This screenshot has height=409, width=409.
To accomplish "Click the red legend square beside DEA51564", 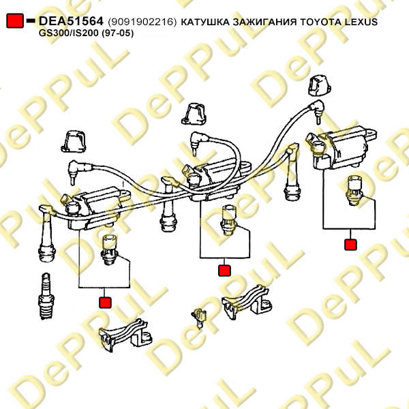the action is click(x=15, y=21).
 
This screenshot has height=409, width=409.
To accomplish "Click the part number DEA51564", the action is click(x=71, y=21).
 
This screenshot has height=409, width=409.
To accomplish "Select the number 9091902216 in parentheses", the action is click(x=142, y=22).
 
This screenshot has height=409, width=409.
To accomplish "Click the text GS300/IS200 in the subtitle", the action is click(x=69, y=33).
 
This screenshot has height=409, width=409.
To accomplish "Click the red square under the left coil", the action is click(x=105, y=303).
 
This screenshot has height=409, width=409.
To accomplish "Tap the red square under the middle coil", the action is click(x=224, y=271).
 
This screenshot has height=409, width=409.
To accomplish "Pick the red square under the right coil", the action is click(x=350, y=245).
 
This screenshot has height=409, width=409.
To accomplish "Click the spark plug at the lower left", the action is click(x=46, y=297).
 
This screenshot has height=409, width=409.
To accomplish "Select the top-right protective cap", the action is click(x=320, y=86).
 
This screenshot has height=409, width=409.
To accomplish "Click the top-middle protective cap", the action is click(x=194, y=114).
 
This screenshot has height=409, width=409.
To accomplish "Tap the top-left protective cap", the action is click(x=74, y=142).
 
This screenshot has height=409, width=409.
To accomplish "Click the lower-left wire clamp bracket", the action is click(x=125, y=335).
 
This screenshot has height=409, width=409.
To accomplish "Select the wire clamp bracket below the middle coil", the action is click(x=247, y=302).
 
